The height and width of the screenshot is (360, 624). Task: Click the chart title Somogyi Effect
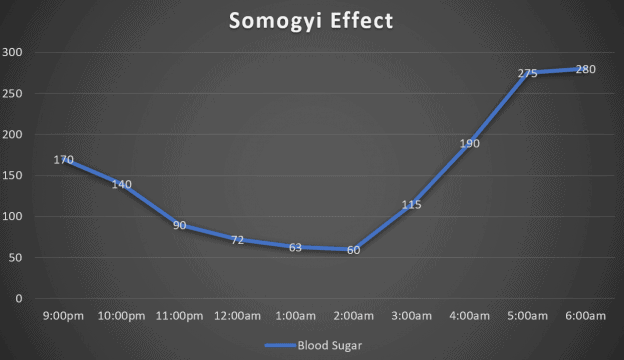311,20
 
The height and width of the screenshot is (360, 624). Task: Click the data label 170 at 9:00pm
64,159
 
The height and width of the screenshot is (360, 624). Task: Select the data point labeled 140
122,184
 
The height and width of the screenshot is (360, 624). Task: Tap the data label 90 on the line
180,225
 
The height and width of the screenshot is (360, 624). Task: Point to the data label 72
238,240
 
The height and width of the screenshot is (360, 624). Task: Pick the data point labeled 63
296,247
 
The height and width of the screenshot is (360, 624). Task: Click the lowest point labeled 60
354,250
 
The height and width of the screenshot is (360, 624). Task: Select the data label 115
411,204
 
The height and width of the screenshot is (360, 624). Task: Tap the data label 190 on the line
469,143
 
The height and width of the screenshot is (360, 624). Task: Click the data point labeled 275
527,73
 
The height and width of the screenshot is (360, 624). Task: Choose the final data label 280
585,69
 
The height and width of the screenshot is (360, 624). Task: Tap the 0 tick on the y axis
18,298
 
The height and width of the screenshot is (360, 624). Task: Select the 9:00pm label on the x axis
64,316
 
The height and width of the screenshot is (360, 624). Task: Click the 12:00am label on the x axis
238,316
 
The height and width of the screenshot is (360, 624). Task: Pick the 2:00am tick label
354,316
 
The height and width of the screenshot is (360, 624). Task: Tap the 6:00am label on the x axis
585,316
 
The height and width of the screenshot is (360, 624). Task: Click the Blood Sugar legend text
329,345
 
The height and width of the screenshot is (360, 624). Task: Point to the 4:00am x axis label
469,316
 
